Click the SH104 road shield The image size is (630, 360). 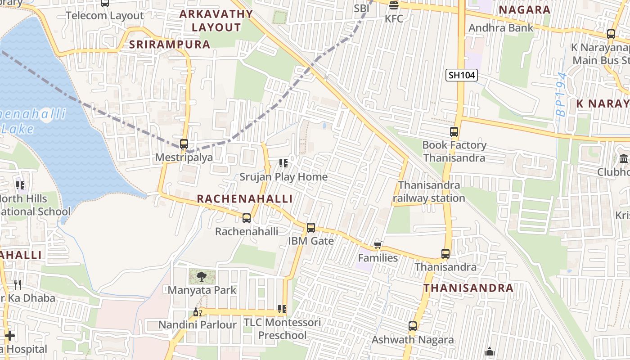[x=462, y=75]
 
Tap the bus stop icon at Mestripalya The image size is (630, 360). [x=184, y=144]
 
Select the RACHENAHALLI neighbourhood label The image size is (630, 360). [x=245, y=199]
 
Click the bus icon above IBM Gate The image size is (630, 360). [x=311, y=228]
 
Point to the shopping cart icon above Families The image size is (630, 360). [x=378, y=245]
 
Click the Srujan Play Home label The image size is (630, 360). [x=283, y=177]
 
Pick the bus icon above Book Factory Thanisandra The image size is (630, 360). [x=454, y=132]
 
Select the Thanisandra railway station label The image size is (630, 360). [x=429, y=192]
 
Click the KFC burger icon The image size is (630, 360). [x=394, y=5]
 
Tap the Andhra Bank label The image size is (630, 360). [x=501, y=28]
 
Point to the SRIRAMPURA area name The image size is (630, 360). [x=170, y=45]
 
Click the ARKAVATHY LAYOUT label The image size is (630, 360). [x=216, y=21]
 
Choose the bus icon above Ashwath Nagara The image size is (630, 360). [x=413, y=326]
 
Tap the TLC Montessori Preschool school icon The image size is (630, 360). [x=282, y=309]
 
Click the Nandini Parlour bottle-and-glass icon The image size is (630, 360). [x=197, y=312]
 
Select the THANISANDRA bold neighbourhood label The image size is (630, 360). [x=468, y=288]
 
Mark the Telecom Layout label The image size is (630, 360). [x=105, y=16]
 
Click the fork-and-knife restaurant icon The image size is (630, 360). [x=18, y=284]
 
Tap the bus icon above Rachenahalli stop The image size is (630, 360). [x=247, y=218]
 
